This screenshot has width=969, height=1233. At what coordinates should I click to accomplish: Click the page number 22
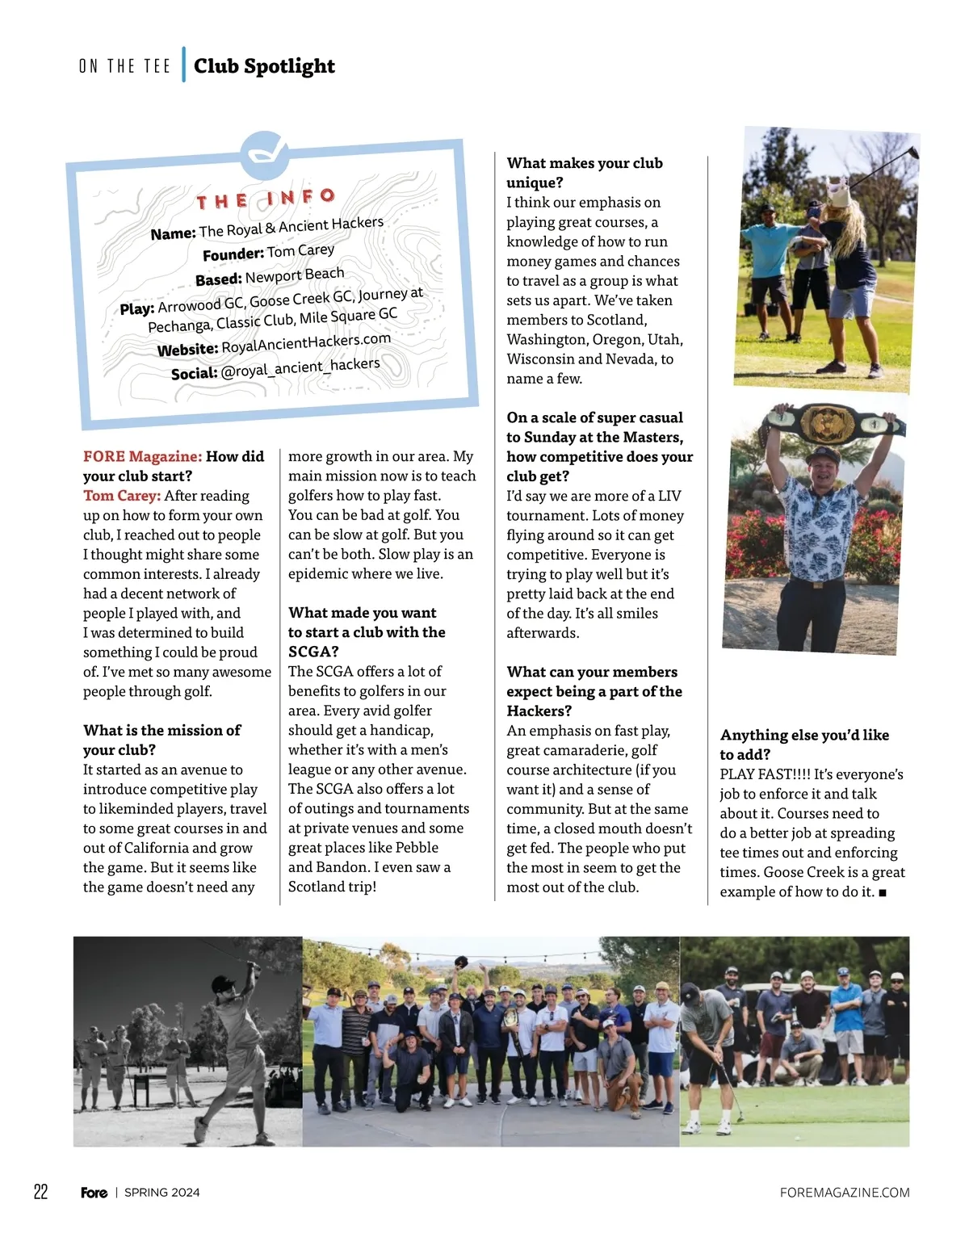(x=40, y=1192)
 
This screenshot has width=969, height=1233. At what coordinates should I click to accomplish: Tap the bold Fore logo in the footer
(x=94, y=1193)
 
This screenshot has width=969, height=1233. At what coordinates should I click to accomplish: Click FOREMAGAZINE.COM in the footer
(x=845, y=1193)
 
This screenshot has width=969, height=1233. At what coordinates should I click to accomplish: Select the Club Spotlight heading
(x=264, y=66)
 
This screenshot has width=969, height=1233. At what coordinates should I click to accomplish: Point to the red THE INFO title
(x=266, y=199)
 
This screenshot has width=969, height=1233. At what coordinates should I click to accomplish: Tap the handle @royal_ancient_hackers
(x=300, y=367)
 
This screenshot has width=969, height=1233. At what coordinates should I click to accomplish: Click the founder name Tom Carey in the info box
(x=300, y=251)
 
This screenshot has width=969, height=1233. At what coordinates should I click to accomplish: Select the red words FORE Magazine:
(x=142, y=456)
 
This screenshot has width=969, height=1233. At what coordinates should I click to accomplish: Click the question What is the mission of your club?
(x=161, y=740)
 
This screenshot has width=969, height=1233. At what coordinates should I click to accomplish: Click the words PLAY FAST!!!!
(x=765, y=774)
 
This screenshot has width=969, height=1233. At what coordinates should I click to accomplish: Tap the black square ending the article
(x=883, y=892)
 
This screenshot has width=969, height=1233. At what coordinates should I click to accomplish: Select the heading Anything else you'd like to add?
(x=804, y=744)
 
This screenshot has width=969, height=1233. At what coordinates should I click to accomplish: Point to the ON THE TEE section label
(x=124, y=66)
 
